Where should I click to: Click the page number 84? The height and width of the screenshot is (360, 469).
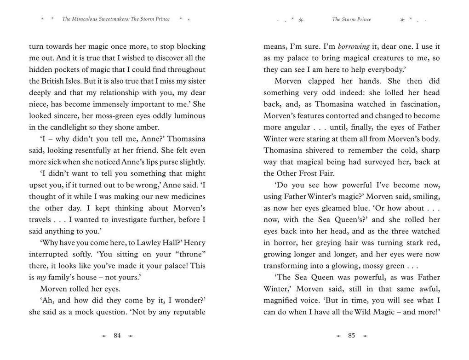(117, 336)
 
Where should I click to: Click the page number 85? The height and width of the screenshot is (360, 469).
(352, 336)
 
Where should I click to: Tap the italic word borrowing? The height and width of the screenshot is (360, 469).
(354, 46)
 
